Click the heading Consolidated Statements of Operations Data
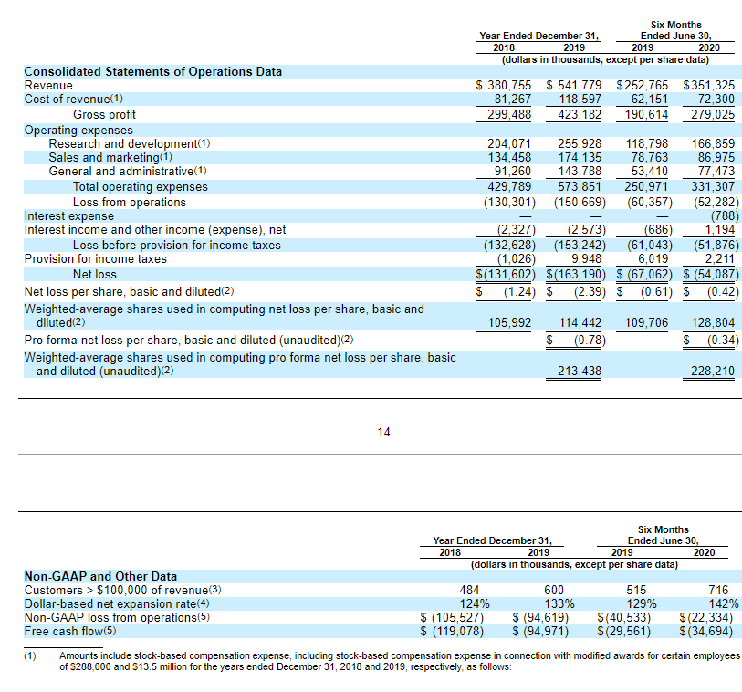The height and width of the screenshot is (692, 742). tap(152, 71)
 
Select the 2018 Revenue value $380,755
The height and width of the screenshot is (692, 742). tap(504, 85)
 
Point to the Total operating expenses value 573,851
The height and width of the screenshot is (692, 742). tap(579, 186)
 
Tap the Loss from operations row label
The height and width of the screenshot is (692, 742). tap(129, 201)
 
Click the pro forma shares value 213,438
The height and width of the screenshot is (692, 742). tap(579, 371)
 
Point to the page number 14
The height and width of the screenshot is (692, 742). tap(383, 432)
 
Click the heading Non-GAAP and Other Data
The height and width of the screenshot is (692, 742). tap(100, 576)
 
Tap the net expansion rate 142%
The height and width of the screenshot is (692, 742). tap(723, 603)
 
